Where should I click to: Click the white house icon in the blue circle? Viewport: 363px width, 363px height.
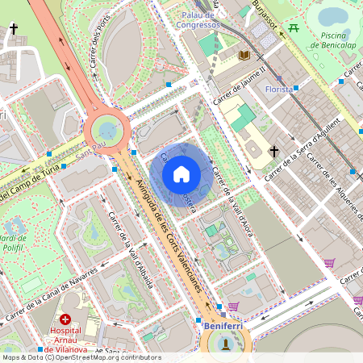click(x=181, y=173)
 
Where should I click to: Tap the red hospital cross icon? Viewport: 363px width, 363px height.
click(x=65, y=320)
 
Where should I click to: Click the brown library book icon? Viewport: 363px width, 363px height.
click(x=244, y=55)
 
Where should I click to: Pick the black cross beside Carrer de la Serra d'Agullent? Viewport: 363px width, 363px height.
click(x=274, y=151)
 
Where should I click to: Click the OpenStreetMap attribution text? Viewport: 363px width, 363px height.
click(x=81, y=357)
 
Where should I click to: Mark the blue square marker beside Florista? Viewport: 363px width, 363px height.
click(x=296, y=87)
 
